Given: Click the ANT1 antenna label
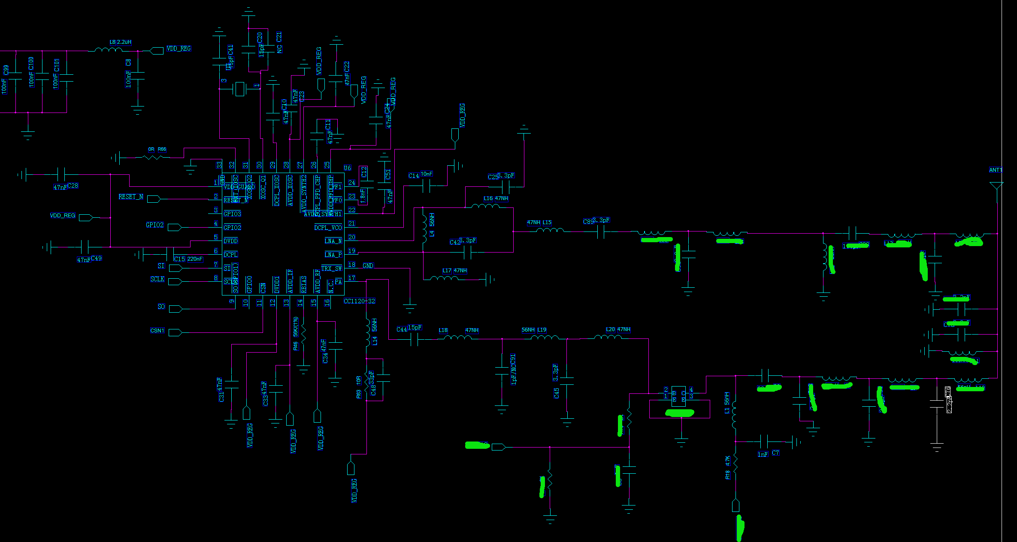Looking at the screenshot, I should pos(996,170).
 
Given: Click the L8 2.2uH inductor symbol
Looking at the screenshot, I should pos(108,50).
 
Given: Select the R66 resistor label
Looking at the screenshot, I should pos(162,149).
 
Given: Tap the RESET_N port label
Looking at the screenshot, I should pos(131,197).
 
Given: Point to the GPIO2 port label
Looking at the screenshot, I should pos(154,225).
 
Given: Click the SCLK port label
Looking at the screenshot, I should pos(157,279).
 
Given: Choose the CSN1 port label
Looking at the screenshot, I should pos(157,330).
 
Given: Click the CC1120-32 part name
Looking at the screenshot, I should pos(359,301).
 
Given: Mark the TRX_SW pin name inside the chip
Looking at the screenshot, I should pos(331,268).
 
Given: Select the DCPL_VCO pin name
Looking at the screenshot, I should pos(328,228).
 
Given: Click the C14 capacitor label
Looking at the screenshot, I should pos(413,176).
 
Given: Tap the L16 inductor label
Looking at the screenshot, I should pos(488,198).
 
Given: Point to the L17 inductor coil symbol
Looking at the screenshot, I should pos(444,278).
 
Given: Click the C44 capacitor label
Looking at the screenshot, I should pos(402,329).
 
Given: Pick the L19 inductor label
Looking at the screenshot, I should pos(542,330).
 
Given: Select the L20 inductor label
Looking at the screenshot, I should pos(610,329).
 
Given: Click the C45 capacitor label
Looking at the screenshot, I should pos(556,393).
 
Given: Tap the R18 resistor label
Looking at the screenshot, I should pos(727,475).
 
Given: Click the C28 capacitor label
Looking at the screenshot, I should pos(73,186).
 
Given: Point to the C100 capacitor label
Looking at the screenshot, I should pos(31,63).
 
